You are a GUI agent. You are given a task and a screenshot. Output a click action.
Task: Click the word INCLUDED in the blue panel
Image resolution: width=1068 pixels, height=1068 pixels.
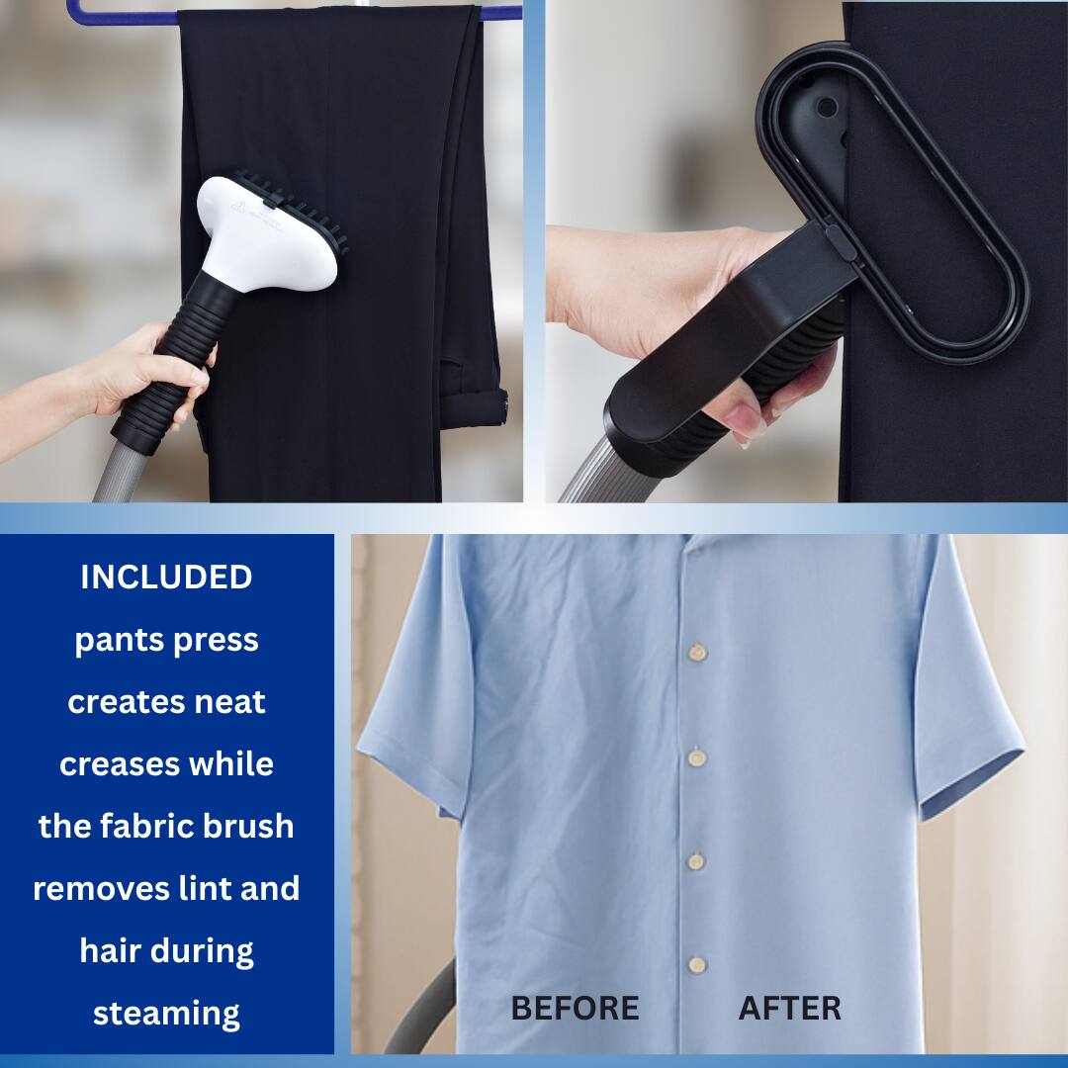[166, 578]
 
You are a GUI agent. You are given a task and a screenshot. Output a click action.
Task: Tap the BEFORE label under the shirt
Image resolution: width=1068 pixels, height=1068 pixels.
[575, 1009]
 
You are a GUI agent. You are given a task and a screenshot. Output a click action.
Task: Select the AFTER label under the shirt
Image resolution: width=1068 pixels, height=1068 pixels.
[789, 1009]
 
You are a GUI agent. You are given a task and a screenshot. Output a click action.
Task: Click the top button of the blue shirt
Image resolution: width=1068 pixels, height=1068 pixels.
[698, 653]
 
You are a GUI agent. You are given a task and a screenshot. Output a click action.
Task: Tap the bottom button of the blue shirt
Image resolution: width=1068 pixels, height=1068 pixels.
[697, 964]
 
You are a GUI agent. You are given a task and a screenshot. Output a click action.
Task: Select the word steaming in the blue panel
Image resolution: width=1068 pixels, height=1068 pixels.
[166, 1014]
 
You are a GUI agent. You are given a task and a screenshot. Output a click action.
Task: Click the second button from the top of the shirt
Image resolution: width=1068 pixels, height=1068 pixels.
[697, 758]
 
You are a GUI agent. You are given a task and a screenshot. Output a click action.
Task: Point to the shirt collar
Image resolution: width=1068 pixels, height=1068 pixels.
[692, 543]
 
